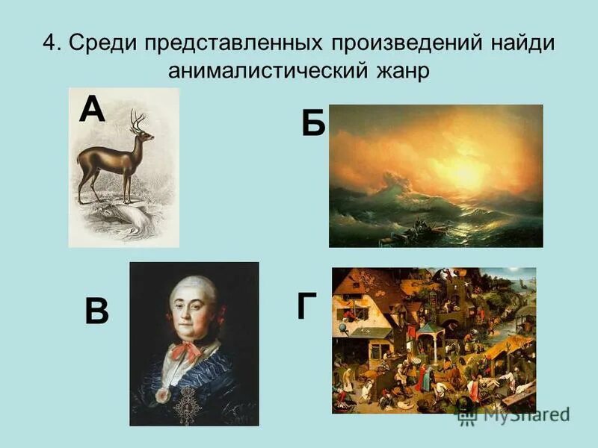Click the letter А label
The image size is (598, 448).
click(x=92, y=109)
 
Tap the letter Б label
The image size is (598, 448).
click(x=313, y=122)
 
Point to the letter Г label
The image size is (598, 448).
click(x=305, y=305)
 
